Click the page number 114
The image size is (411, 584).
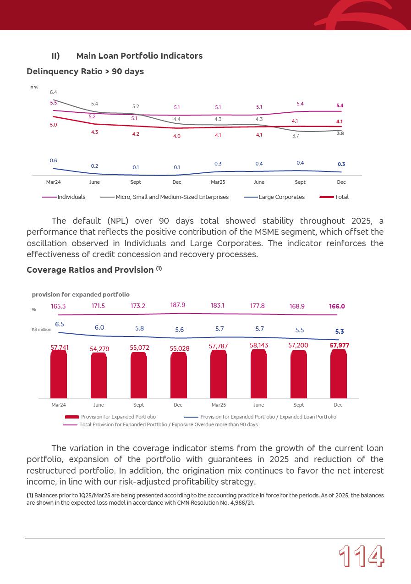coord(361,557)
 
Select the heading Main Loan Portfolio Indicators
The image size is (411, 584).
coord(139,56)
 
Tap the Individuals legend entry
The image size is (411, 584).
coord(71,197)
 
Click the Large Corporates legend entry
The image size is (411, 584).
coord(281,197)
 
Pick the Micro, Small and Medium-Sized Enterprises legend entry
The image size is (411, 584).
coord(172,197)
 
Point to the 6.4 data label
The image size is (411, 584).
coord(54,93)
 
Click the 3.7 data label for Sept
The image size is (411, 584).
coord(296,136)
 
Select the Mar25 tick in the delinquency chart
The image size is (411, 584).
coord(218,182)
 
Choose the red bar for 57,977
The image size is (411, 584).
coord(338,374)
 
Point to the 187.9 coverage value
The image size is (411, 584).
coord(178,305)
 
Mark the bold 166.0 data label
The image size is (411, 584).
coord(337,307)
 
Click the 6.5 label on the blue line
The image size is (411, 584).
coord(60,325)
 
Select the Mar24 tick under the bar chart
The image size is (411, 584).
coord(59,405)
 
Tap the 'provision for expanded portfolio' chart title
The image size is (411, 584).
coord(81,295)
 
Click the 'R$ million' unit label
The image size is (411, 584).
coord(42,330)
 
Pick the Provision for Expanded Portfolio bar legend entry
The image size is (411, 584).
coord(118,417)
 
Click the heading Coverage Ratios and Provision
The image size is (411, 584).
coord(90,270)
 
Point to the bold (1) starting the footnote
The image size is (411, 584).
coord(30,496)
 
